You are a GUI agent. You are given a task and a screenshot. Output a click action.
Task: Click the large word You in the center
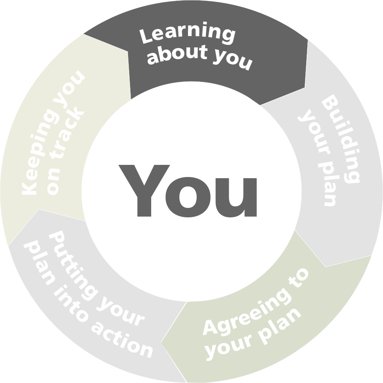coord(188,191)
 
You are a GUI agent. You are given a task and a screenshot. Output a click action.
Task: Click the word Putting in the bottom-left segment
coord(73,266)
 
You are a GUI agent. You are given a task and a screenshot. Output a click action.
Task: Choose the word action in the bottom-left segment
coord(122,340)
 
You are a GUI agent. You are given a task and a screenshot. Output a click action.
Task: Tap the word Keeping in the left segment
coord(40,152)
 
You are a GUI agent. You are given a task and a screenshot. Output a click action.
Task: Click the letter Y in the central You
coord(144,191)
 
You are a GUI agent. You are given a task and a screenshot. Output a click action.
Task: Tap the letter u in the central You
coord(236,197)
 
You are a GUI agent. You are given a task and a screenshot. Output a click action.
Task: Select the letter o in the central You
coord(188,197)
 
